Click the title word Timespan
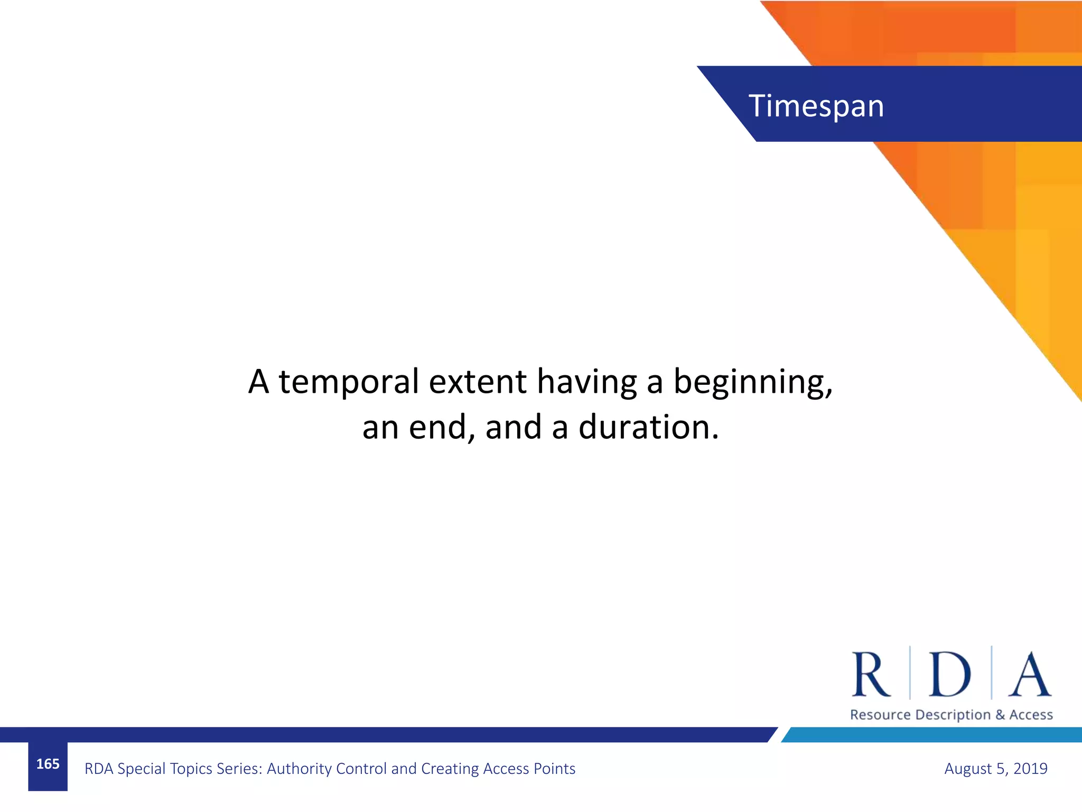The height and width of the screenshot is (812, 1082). (816, 106)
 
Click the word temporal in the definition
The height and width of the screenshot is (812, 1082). (349, 382)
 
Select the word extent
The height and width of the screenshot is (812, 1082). (478, 382)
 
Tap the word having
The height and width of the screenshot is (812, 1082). (587, 382)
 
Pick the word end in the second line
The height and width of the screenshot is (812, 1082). (438, 427)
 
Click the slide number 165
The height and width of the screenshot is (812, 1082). (48, 764)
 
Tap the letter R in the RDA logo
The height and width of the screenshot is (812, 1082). (870, 675)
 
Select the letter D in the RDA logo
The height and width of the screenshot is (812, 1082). (950, 675)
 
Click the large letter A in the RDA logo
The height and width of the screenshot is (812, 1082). (1030, 675)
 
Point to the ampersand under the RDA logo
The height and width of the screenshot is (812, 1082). (1000, 715)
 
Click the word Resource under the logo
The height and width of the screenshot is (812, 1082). (880, 715)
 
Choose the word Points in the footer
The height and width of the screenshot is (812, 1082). (554, 769)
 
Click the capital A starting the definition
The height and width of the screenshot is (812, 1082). (259, 382)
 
